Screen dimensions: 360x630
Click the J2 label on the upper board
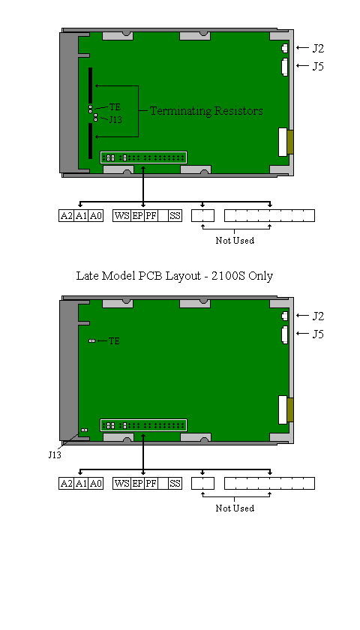click(318, 48)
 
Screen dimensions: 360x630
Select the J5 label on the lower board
click(318, 334)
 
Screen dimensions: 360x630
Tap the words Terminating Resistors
click(206, 111)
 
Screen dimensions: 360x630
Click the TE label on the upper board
click(115, 107)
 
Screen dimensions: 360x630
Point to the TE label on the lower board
click(115, 341)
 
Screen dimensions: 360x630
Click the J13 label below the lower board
click(55, 454)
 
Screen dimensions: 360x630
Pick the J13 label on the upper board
click(115, 120)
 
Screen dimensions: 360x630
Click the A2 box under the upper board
click(66, 216)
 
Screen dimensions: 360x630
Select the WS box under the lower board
click(121, 483)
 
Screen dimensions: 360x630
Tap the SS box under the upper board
click(175, 216)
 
